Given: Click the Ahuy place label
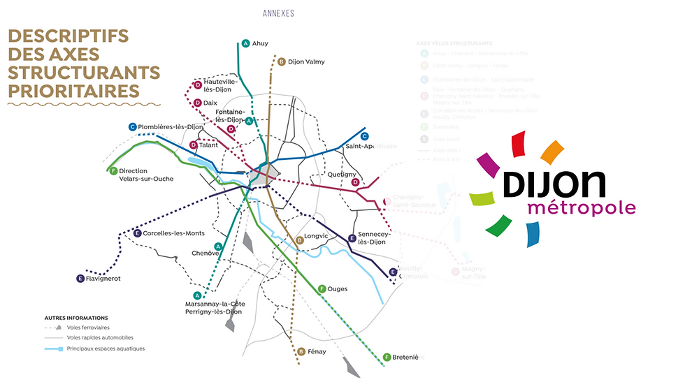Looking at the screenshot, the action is click(261, 43).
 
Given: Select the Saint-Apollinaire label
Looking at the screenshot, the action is click(370, 147).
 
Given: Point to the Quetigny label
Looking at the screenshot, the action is click(341, 174).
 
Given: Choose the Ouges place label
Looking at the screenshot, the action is click(337, 288).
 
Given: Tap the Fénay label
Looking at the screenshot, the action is click(317, 351).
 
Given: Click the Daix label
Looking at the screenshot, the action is click(210, 103).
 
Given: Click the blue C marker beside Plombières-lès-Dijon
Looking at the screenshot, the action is click(132, 126).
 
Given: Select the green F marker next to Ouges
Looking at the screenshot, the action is click(322, 288).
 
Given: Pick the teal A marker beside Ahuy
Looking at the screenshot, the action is click(245, 43).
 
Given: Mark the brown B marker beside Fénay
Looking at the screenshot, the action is click(301, 351).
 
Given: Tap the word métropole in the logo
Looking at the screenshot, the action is click(582, 208).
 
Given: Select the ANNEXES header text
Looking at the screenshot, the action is click(278, 13).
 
